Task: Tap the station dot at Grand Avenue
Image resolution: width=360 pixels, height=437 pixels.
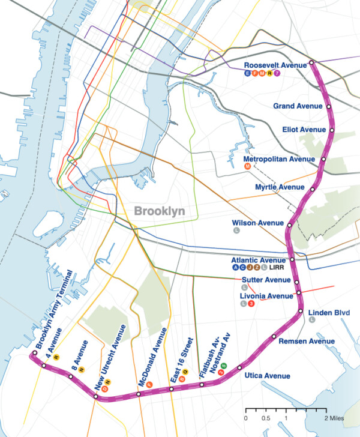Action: [329, 106]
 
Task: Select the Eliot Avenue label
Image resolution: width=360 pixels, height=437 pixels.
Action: [304, 130]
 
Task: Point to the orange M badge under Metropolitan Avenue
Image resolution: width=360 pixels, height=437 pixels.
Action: [248, 167]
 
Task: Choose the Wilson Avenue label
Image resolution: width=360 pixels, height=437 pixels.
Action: [258, 223]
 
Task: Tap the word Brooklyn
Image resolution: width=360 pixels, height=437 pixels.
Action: [159, 211]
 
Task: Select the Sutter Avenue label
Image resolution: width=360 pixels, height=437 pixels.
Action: [266, 280]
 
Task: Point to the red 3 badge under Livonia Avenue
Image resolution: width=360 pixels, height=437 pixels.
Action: [251, 304]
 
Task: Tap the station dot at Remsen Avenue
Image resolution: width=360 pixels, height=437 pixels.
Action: [274, 336]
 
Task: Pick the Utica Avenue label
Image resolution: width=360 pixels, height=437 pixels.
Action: [267, 376]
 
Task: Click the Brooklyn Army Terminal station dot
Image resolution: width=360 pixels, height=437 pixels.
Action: [34, 353]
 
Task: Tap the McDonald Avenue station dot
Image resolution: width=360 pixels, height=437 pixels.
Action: [139, 394]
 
